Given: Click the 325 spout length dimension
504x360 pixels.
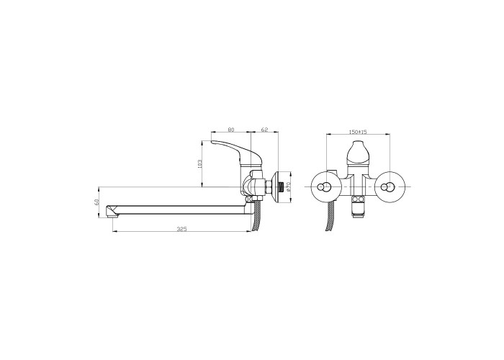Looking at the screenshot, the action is (182, 229).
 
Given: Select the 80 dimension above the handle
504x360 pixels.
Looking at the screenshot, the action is (231, 130).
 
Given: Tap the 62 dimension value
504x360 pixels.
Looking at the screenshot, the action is (264, 130).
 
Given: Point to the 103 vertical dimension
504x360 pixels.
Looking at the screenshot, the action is (199, 163).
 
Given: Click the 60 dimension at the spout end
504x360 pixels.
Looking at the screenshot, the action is (96, 202).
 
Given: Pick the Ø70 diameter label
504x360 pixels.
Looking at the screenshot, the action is (288, 186).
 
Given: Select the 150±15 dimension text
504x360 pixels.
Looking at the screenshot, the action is (358, 132).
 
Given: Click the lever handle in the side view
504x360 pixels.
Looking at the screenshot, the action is (235, 151).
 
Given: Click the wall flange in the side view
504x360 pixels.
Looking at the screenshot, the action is (276, 187).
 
